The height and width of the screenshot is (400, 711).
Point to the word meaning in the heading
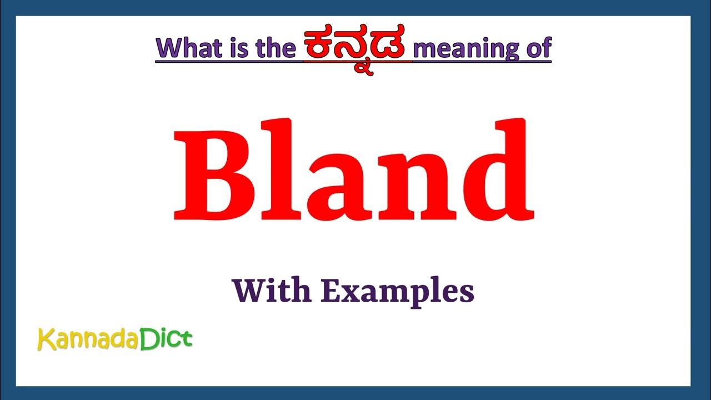click(x=466, y=49)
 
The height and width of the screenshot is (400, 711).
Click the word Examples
click(x=397, y=292)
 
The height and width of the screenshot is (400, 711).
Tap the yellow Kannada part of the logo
click(x=87, y=339)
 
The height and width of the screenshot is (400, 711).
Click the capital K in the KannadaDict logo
click(x=44, y=339)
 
